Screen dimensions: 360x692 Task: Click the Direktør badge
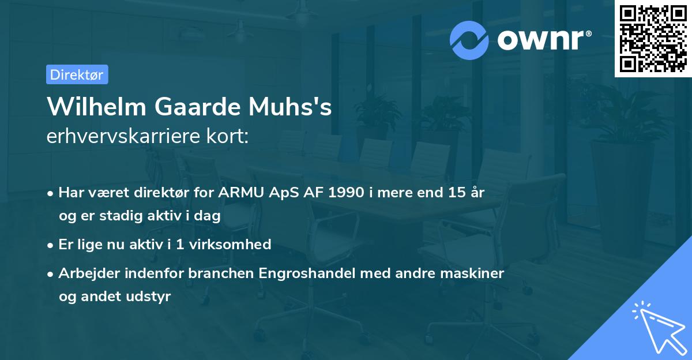(77, 74)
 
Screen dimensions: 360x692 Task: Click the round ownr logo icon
(469, 40)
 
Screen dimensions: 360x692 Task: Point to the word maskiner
(477, 273)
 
